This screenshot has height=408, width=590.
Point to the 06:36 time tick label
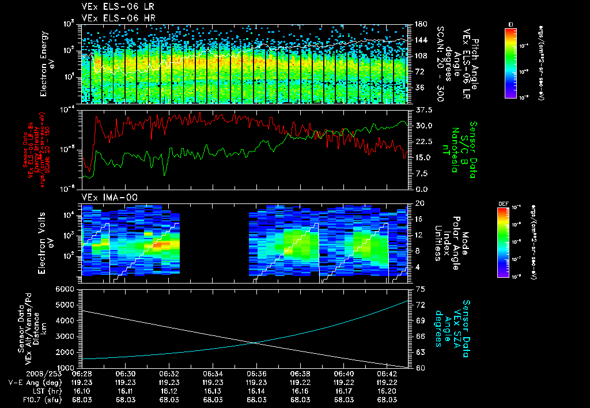pos(256,373)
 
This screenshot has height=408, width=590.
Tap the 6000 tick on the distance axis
pos(69,289)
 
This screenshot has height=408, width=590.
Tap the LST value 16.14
pos(256,391)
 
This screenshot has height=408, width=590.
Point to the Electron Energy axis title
pos(46,63)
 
